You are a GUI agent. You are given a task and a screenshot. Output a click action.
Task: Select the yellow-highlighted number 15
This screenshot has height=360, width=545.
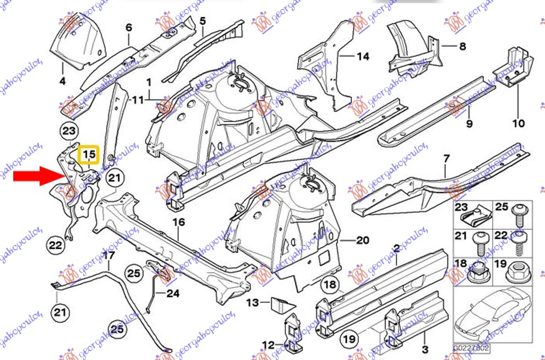pyautogui.click(x=88, y=155)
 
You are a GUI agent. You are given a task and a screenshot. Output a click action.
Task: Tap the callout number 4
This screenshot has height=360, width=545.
pyautogui.click(x=62, y=82)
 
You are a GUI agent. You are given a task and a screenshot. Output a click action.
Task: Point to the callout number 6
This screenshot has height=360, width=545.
pyautogui.click(x=129, y=28)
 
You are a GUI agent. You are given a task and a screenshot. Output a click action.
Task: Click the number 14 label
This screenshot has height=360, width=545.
pyautogui.click(x=362, y=56)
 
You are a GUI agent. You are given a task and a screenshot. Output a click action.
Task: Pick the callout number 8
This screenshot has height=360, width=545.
pyautogui.click(x=462, y=46)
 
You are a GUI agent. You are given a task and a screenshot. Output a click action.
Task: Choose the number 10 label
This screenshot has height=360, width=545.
pyautogui.click(x=518, y=123)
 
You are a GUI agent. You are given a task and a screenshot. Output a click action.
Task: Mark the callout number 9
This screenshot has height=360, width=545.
pyautogui.click(x=469, y=123)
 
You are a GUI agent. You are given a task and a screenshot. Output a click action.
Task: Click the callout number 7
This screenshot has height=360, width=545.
pyautogui.click(x=446, y=160)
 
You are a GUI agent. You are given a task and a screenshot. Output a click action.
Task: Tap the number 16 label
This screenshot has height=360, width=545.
pyautogui.click(x=178, y=222)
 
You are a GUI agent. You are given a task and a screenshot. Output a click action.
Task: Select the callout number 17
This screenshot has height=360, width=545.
pyautogui.click(x=108, y=255)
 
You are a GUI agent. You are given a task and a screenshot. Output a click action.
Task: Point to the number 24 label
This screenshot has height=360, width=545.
pyautogui.click(x=173, y=294)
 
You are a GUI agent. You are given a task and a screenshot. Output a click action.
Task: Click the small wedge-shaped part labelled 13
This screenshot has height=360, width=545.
pyautogui.click(x=280, y=304)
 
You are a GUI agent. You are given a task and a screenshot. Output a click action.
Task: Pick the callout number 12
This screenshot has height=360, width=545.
pyautogui.click(x=268, y=345)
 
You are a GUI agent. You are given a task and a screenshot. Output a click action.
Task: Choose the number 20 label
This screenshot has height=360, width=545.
pyautogui.click(x=362, y=240)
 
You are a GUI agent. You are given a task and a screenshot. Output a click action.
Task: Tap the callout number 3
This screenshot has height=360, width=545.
pyautogui.click(x=424, y=348)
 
